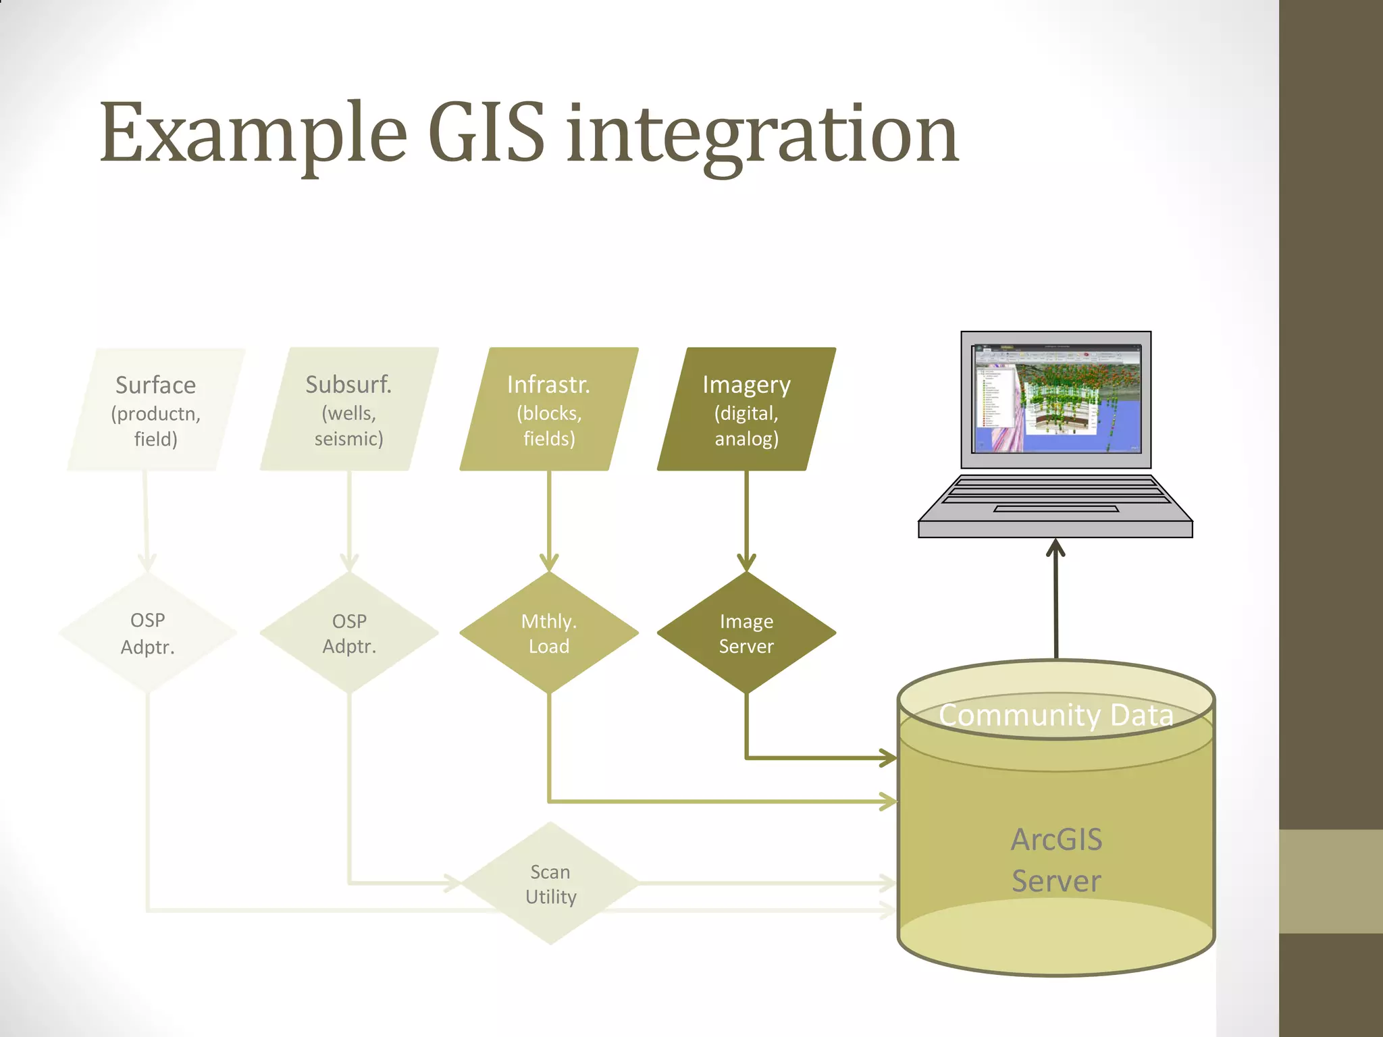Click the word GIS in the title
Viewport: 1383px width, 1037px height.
[486, 133]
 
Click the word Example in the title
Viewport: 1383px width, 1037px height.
[253, 133]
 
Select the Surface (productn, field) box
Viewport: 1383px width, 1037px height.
[155, 410]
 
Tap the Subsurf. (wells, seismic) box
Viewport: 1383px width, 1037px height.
[348, 410]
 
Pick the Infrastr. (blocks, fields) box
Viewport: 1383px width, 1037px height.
[548, 410]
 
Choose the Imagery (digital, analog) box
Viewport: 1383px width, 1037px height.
[746, 410]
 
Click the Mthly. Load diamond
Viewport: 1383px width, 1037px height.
[548, 633]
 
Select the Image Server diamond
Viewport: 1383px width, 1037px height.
[746, 633]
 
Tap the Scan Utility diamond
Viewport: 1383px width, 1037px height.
[550, 883]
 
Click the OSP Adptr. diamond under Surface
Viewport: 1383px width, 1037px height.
[147, 633]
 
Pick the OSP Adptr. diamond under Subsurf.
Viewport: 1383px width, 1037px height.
[349, 633]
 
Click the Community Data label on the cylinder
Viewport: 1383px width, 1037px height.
[1055, 715]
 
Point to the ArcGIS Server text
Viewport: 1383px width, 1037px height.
[1056, 860]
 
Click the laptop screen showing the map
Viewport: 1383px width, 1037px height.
[1056, 399]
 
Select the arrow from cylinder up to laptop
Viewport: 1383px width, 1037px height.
[1055, 601]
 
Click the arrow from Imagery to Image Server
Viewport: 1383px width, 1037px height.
[746, 520]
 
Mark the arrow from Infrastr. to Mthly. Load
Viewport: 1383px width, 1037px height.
[549, 520]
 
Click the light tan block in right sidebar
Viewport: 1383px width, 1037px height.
[1330, 881]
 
